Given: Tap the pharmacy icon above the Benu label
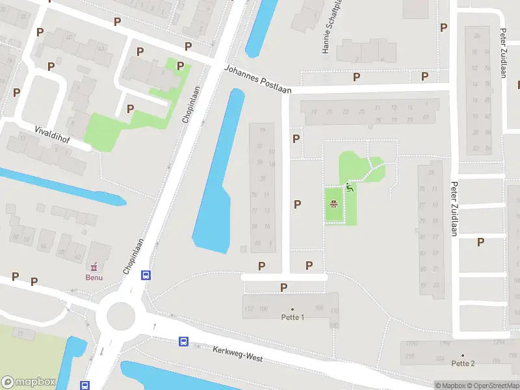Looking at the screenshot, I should click(x=94, y=266).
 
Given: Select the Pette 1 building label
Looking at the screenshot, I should click(x=292, y=317).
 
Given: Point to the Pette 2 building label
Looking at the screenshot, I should click(x=463, y=363).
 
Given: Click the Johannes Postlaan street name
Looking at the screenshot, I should click(x=258, y=78).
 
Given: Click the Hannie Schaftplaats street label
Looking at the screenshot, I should click(x=328, y=26).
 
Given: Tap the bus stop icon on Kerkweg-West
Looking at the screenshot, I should click(x=184, y=341).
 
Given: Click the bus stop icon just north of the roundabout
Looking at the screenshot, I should click(x=146, y=275).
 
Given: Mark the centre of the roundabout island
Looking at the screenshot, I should click(x=120, y=316).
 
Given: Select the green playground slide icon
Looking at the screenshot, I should click(x=350, y=189).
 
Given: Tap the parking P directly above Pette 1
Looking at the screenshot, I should click(x=283, y=287).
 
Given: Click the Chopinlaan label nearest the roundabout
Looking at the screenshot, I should click(x=133, y=255).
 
